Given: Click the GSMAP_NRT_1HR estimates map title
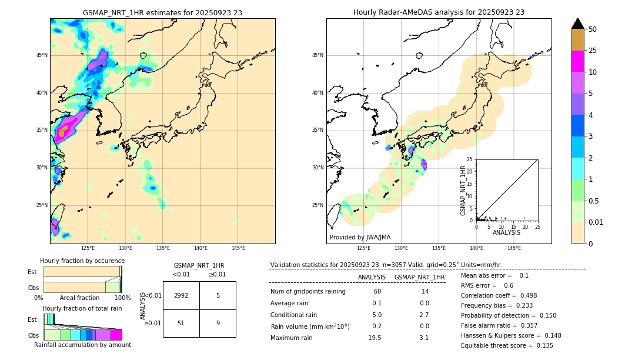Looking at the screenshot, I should pos(162,12).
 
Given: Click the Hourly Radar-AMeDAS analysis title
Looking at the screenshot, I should pos(439,12).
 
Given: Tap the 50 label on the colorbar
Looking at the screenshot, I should pos(593,29).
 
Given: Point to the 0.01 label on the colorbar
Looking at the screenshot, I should pos(596,222).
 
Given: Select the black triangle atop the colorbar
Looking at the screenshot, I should pos(578,24).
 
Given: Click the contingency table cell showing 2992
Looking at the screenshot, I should pos(181,295).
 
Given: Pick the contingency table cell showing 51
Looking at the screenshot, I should pos(181,323).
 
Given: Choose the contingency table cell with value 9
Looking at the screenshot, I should pos(218,323).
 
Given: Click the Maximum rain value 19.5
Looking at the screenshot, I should pos(375,338).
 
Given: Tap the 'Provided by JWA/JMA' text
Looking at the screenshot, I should pos(360,237).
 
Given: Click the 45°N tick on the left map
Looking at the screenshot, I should pos(42,55).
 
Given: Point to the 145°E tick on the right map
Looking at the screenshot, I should pos(514,248).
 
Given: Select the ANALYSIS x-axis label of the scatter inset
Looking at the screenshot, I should pos(506,232).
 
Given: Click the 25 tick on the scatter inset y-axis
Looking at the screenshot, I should pos(470,159).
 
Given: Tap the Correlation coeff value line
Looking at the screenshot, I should pos(499,295).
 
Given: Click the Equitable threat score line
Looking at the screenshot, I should pos(507,345).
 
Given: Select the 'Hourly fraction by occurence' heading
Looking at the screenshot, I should pos(82,261).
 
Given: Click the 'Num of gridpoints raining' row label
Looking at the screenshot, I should pos(308,292).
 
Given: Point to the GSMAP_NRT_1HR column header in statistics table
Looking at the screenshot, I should pos(419,277).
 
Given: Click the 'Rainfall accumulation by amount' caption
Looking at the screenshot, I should pos(82,345).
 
